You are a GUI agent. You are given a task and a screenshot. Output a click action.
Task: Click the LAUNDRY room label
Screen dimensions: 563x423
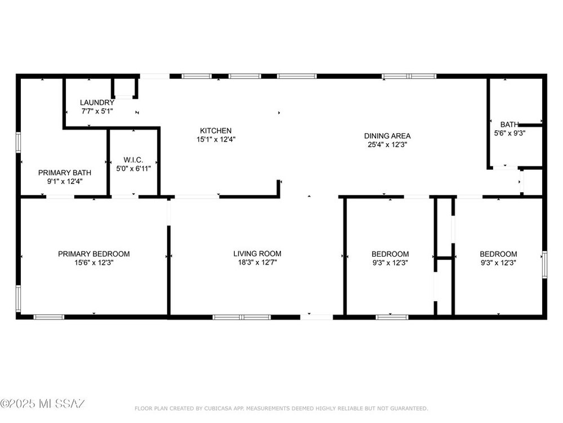[x=97, y=103]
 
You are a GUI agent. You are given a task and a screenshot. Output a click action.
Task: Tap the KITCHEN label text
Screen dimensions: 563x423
[x=216, y=131]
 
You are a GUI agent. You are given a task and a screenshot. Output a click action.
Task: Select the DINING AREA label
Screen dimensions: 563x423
[x=387, y=136]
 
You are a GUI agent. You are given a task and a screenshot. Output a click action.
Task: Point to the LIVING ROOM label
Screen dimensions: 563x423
[x=257, y=254]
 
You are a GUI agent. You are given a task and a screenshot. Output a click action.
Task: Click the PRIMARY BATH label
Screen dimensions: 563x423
[x=65, y=173]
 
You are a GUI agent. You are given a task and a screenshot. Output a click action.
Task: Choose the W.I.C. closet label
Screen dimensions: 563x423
[x=133, y=160]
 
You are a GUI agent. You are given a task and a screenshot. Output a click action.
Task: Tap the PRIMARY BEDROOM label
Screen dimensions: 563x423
[x=93, y=254]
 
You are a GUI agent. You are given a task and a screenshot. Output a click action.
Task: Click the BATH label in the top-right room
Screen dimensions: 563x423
[x=510, y=125]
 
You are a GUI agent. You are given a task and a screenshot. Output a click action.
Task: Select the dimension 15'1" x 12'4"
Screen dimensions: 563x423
[x=216, y=139]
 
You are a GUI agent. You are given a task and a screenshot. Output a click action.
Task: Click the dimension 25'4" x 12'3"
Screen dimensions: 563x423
[x=387, y=145]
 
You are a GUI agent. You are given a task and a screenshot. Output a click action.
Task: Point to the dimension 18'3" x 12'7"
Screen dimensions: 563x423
[x=257, y=263]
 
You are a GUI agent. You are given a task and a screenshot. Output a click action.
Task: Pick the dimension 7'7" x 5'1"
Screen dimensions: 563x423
[x=97, y=111]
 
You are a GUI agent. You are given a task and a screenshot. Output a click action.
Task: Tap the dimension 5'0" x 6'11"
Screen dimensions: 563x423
[x=133, y=168]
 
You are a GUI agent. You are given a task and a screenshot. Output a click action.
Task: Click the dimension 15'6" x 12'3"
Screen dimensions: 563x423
[x=93, y=263]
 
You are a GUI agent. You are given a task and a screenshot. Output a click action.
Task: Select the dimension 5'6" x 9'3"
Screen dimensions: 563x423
[x=510, y=133]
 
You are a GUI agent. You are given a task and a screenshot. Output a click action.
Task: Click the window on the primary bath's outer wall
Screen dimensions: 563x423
[x=19, y=143]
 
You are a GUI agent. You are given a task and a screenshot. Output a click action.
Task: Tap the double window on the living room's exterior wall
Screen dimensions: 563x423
[x=242, y=317]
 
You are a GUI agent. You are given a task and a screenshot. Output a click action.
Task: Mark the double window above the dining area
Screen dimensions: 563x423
[x=409, y=76]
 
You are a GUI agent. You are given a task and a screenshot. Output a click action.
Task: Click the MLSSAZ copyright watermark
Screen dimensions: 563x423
[x=42, y=404]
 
